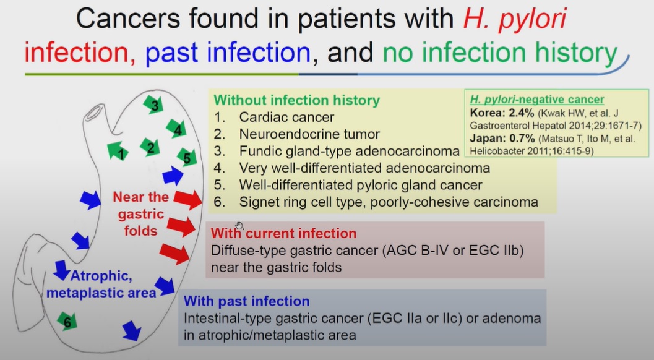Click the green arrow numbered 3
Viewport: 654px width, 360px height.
153,105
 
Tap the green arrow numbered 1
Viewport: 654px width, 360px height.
118,151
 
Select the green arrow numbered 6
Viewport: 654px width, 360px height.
67,321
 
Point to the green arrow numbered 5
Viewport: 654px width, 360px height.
186,157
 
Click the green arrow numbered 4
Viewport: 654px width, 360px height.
176,129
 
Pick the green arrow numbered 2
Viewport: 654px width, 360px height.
150,147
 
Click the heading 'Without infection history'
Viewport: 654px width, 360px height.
296,100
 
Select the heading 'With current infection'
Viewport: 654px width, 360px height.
283,233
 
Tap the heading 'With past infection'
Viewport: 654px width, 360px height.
246,301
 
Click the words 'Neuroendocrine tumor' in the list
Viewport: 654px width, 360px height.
309,134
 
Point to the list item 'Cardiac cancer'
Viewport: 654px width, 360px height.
286,118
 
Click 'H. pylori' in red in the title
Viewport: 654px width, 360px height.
515,19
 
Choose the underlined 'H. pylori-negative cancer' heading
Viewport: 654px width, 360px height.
537,100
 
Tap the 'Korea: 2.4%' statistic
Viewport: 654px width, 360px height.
502,113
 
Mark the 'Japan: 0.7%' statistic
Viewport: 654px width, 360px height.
502,139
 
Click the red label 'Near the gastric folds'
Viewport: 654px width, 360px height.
140,214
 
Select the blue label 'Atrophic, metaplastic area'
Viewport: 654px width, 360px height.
101,284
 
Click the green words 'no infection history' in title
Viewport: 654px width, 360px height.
500,53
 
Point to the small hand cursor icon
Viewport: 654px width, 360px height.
239,226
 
